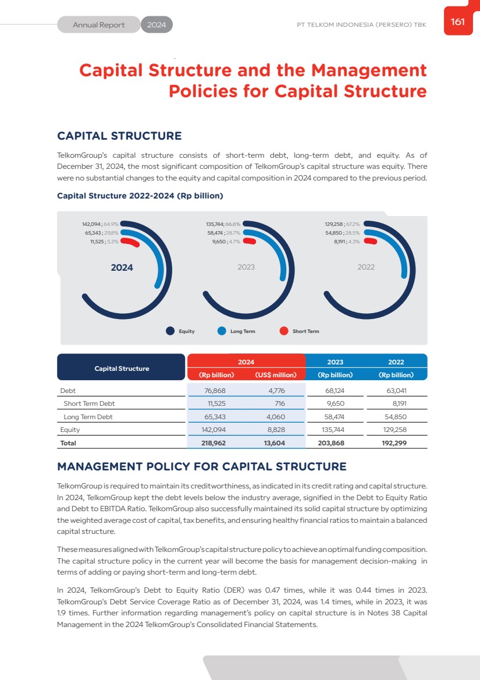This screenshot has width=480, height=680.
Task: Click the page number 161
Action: (x=457, y=22)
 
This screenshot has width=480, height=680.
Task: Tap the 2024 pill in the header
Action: (x=157, y=25)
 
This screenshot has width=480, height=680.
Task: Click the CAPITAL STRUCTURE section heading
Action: (x=119, y=136)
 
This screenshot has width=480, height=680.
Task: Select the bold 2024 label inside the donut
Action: (x=122, y=268)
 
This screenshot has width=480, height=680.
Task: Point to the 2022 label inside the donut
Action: (x=366, y=267)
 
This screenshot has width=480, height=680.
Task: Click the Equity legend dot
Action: (x=170, y=331)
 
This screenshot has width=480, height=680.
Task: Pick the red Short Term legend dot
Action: (x=284, y=331)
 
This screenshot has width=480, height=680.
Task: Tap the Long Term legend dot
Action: (x=222, y=331)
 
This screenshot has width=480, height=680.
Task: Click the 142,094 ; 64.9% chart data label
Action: (x=101, y=224)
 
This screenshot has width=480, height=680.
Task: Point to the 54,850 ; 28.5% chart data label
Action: (x=342, y=232)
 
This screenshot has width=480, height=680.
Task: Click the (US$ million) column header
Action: (x=276, y=375)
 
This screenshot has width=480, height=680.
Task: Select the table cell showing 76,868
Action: (x=216, y=390)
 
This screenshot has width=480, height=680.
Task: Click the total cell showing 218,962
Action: (x=214, y=443)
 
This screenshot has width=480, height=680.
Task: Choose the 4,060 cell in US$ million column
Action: (x=275, y=417)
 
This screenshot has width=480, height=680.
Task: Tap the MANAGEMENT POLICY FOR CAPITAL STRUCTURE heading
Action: (x=201, y=467)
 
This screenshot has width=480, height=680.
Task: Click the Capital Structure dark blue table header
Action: (x=122, y=368)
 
